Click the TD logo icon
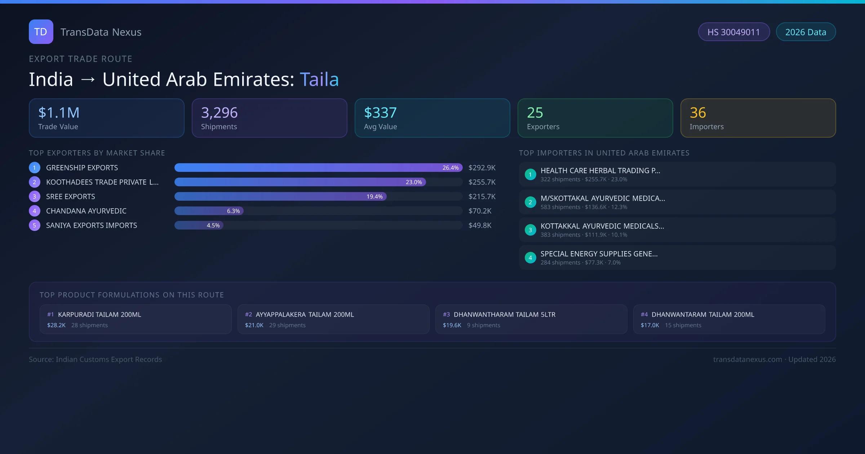[41, 32]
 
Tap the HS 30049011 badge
[733, 32]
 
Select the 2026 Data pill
[806, 32]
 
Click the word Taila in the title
[319, 79]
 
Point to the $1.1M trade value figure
[59, 113]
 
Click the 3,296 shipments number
[219, 113]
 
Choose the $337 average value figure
[380, 113]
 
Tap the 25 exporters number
[535, 113]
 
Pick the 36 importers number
[698, 113]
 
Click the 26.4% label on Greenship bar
[450, 168]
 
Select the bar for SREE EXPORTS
[280, 196]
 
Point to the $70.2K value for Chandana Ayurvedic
[480, 211]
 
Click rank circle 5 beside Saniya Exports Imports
[35, 225]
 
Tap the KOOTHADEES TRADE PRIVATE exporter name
[102, 182]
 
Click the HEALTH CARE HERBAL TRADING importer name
[600, 170]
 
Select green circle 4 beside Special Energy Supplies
[530, 258]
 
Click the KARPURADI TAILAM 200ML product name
[99, 315]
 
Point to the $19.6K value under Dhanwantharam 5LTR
[452, 325]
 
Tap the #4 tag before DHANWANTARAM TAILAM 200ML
[644, 315]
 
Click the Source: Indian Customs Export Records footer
[95, 359]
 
